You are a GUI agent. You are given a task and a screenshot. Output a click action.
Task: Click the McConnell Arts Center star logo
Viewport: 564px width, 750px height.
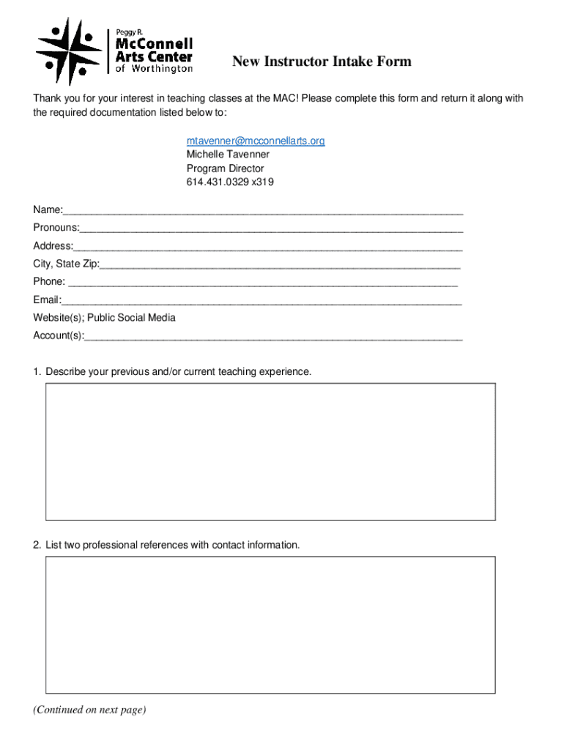(69, 51)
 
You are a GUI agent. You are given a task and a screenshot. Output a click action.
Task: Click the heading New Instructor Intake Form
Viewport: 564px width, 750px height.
(322, 62)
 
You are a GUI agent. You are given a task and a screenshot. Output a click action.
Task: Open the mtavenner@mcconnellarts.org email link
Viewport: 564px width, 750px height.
(255, 141)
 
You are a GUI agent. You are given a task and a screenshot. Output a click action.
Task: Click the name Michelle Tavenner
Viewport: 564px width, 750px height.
(228, 155)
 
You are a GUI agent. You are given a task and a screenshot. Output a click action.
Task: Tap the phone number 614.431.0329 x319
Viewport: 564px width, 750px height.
(230, 182)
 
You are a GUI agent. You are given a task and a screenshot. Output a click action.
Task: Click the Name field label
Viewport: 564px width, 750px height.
(47, 210)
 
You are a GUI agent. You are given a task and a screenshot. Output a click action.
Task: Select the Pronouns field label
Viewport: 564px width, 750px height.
(56, 228)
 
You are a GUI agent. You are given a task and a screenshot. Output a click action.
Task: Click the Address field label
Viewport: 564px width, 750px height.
(53, 246)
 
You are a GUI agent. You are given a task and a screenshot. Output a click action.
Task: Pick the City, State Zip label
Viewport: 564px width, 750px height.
(66, 264)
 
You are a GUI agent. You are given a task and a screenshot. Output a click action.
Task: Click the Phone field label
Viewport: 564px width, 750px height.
(49, 282)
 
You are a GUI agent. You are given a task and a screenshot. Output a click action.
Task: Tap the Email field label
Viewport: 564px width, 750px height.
(46, 300)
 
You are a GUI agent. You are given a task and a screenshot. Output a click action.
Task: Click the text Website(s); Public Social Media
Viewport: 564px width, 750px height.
(104, 318)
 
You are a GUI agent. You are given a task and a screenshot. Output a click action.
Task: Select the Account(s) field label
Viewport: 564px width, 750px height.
(58, 335)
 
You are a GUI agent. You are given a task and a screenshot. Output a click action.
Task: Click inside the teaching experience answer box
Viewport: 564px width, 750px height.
(270, 451)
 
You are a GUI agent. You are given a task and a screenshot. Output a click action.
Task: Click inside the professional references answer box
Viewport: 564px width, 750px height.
(270, 625)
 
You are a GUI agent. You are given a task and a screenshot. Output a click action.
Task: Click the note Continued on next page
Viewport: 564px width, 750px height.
(89, 710)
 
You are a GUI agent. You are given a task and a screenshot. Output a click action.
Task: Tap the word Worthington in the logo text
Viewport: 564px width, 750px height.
(162, 69)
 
